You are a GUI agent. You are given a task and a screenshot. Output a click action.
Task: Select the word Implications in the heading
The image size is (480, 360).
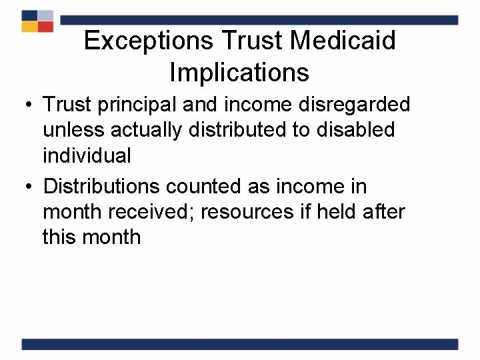(239, 72)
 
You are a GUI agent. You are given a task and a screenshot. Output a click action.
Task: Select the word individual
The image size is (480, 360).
(87, 155)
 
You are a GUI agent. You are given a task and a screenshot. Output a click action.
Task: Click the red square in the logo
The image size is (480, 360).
(45, 26)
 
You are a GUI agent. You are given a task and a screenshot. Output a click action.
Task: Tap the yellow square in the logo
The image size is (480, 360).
(29, 26)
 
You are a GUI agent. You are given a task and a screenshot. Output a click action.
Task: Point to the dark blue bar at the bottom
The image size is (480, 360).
(240, 344)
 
